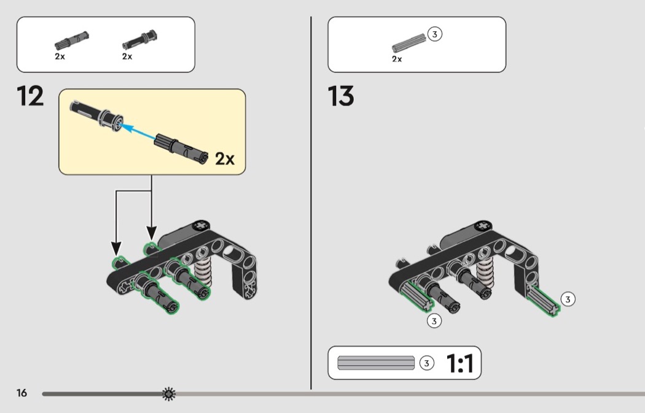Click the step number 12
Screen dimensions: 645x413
click(31, 97)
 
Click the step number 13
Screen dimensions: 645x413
click(341, 97)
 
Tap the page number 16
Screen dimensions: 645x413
click(22, 393)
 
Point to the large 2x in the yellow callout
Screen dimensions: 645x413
click(225, 159)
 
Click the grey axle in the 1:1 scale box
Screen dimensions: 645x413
click(376, 363)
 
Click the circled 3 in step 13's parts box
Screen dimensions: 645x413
click(435, 34)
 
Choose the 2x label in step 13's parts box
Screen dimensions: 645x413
click(397, 59)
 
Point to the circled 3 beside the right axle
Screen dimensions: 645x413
click(568, 299)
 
